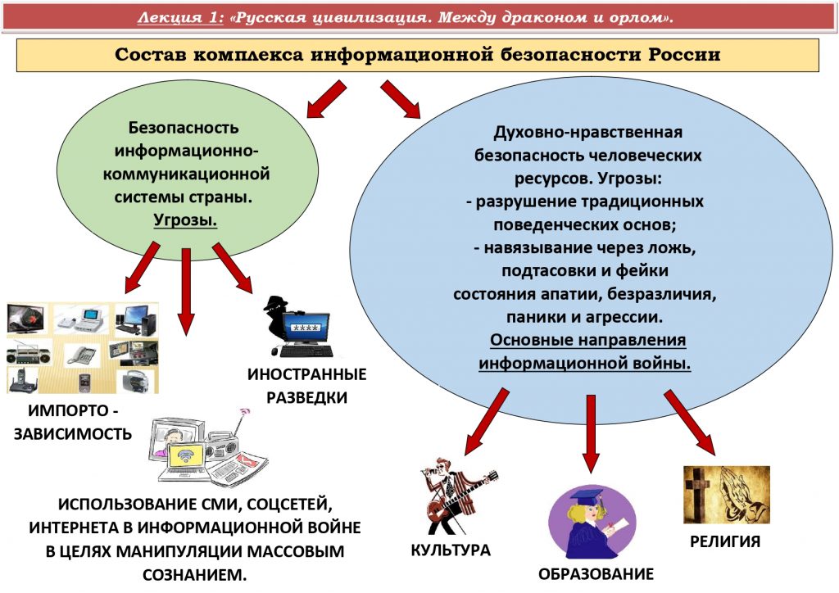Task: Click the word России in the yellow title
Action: [684, 55]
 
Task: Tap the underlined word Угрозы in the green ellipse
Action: [184, 220]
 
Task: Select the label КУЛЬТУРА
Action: [451, 550]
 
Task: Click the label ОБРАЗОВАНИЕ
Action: [596, 574]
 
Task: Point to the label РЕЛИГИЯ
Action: [725, 541]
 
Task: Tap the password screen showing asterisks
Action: [305, 328]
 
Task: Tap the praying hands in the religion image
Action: [743, 495]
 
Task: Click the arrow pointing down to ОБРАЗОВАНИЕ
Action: [591, 434]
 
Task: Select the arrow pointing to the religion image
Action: [690, 423]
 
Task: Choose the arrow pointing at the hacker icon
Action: [233, 267]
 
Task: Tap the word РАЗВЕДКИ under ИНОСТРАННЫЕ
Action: [307, 398]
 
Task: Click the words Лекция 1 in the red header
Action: [179, 18]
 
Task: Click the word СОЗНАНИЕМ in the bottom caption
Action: [195, 575]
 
